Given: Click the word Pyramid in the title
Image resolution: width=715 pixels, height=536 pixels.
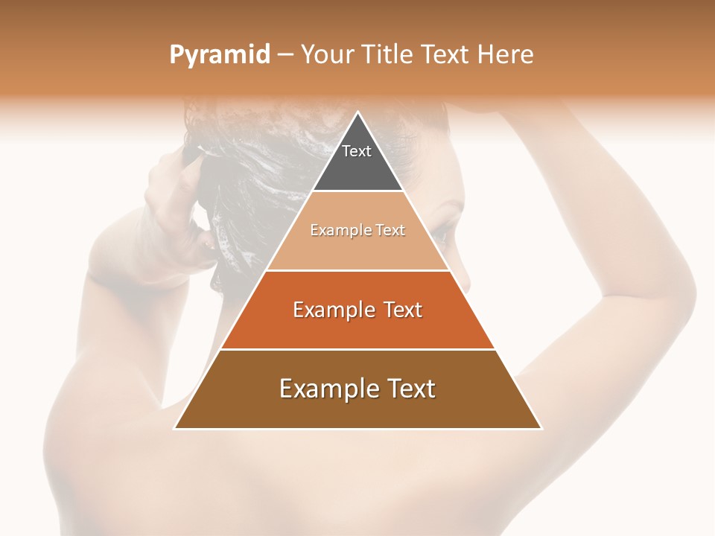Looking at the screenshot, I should tap(220, 55).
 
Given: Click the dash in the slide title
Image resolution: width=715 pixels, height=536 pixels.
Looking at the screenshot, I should tap(285, 56).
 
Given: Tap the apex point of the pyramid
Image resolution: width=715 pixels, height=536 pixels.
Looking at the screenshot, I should tap(358, 112).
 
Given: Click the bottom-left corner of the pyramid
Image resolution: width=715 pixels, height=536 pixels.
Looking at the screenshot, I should tap(175, 428).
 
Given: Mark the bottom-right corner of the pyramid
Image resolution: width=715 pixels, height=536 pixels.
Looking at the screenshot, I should tap(541, 428).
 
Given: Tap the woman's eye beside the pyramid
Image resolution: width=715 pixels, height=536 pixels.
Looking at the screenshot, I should tap(442, 234).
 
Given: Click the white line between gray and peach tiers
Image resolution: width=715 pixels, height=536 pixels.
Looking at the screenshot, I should tap(357, 191).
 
